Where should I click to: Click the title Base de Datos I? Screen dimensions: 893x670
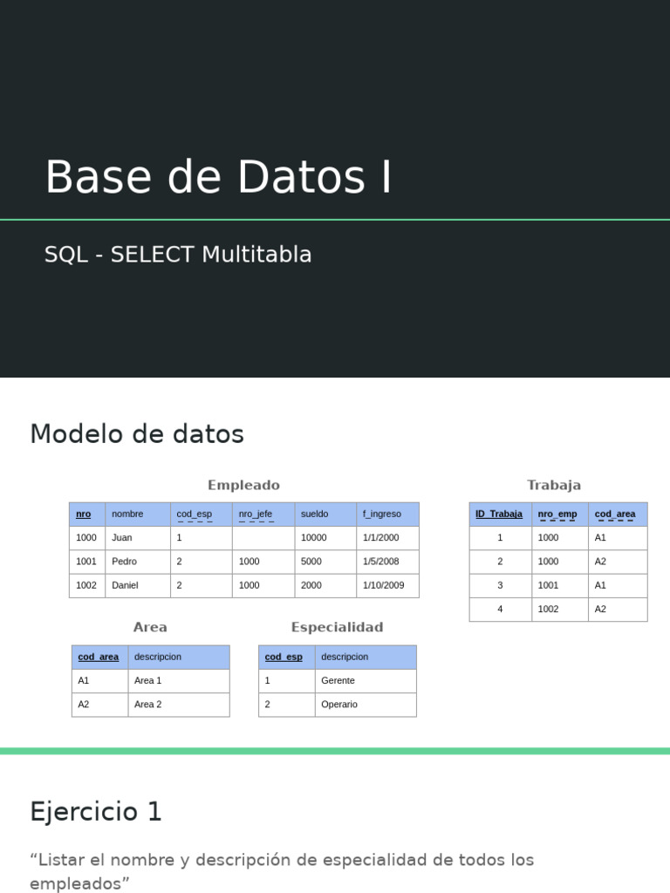point(218,178)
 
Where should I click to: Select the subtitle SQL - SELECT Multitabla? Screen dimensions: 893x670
point(178,255)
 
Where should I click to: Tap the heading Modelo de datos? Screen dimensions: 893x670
point(137,434)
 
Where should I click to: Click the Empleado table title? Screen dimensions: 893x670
point(243,486)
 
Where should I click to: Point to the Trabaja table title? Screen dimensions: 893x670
point(553,486)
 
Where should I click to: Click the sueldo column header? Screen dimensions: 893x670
point(315,515)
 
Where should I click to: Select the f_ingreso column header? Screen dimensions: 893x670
point(382,515)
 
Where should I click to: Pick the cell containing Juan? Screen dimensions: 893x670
point(122,538)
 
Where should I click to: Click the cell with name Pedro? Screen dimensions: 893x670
point(125,562)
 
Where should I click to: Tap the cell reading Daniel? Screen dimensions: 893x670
point(126,585)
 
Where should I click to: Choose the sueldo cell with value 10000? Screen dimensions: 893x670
point(314,538)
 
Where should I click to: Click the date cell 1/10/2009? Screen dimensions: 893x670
point(384,585)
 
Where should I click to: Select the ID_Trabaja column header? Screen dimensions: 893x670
point(499,515)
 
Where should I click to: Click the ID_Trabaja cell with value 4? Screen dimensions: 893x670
point(500,609)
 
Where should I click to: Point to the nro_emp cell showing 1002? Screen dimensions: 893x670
point(549,609)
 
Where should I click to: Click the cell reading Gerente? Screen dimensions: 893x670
point(338,680)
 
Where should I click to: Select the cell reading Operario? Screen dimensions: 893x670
point(339,705)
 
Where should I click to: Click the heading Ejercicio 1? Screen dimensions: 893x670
point(96,812)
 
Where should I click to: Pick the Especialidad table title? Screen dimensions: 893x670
point(337,628)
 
